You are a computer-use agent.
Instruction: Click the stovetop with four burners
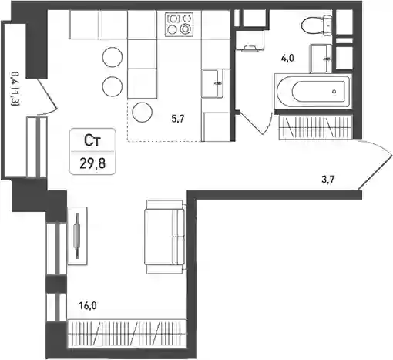[180, 25]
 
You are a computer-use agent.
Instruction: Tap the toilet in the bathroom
[317, 25]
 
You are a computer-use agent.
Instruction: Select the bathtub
[313, 92]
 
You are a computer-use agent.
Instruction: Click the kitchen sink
[213, 83]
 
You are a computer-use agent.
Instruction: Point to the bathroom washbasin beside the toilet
[321, 59]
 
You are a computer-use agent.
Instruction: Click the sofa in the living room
[165, 237]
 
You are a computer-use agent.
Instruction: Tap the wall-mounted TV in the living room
[77, 236]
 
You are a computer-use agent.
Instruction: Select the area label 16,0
[88, 306]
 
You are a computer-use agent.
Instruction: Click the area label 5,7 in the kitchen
[178, 119]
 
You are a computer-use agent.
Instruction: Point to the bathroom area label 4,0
[287, 59]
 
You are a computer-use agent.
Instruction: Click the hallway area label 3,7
[328, 179]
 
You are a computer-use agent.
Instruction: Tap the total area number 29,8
[92, 163]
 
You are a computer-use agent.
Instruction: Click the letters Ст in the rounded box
[92, 141]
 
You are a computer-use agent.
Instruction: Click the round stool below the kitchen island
[143, 113]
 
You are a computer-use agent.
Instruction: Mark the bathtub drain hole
[334, 91]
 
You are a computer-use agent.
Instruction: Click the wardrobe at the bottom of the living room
[126, 333]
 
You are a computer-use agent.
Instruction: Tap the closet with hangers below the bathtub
[316, 127]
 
